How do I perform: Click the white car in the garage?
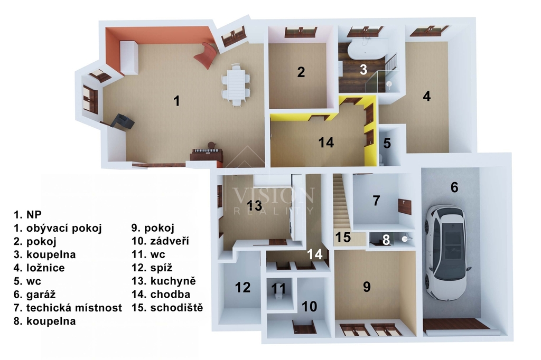point(447,252)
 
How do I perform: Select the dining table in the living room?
point(236,84)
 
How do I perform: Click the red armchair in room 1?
point(207,55)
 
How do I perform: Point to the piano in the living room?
point(207,154)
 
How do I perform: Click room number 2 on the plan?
point(301,72)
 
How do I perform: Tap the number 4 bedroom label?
point(426,97)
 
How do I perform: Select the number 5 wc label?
point(387,143)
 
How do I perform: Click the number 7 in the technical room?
point(376,201)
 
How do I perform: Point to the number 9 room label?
point(367,287)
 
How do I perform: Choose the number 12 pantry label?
point(242,288)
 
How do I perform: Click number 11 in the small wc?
point(278,289)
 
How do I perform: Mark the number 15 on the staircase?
point(343,238)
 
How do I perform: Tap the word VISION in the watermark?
point(273,195)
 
